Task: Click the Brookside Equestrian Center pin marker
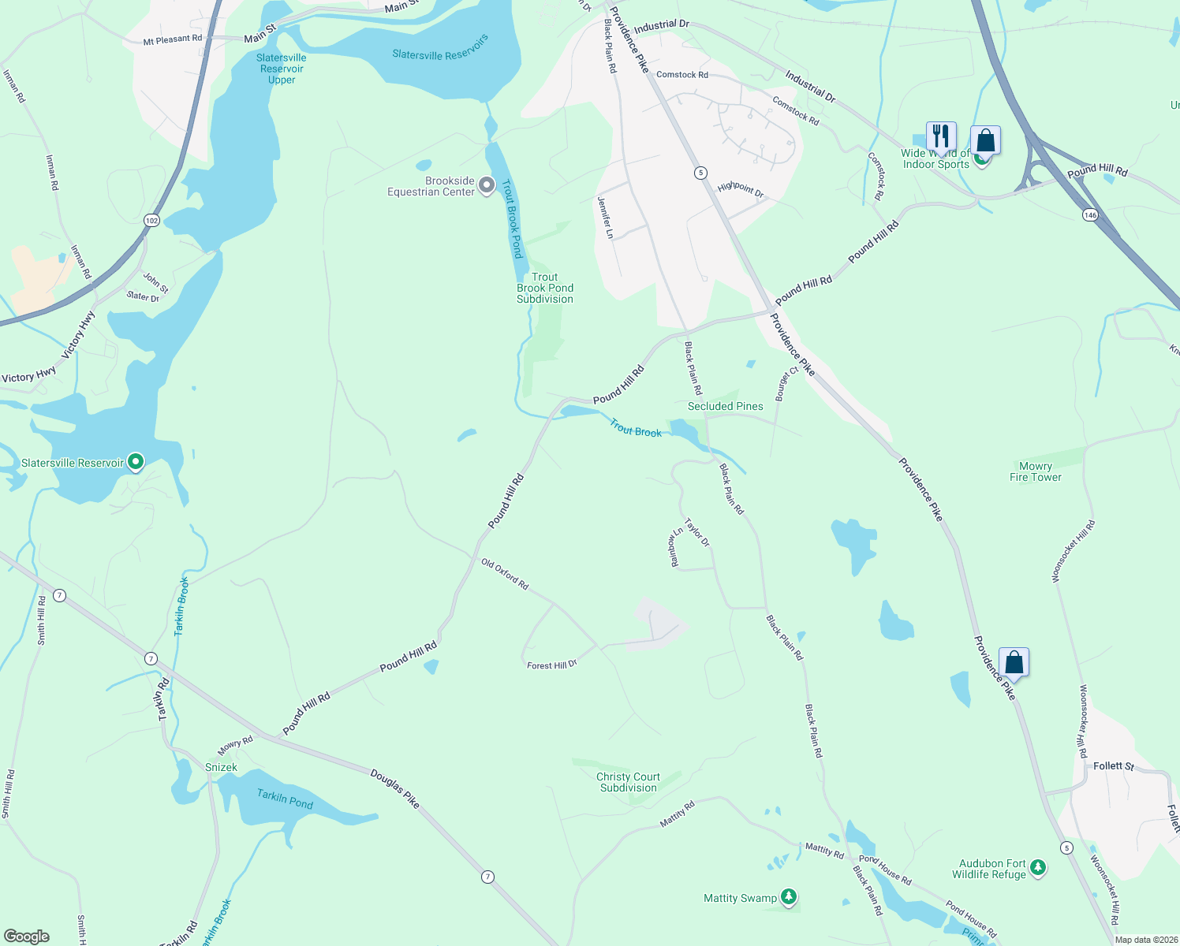(x=487, y=186)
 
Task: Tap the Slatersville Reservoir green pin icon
(x=136, y=462)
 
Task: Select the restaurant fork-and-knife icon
(x=940, y=136)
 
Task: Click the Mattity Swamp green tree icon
(x=788, y=897)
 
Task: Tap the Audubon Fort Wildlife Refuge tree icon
(x=1038, y=868)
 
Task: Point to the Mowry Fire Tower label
(x=1035, y=471)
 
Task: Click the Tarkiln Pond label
(x=285, y=799)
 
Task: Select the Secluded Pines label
(x=725, y=406)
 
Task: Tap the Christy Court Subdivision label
(x=628, y=782)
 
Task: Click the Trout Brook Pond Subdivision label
(x=545, y=288)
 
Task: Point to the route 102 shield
(x=152, y=221)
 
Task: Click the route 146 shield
(x=1090, y=214)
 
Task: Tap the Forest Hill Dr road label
(x=552, y=665)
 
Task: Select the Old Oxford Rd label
(x=505, y=575)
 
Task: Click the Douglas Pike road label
(x=394, y=788)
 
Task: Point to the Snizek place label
(x=221, y=767)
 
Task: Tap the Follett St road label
(x=1114, y=765)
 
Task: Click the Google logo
(x=27, y=937)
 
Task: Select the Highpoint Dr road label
(x=741, y=189)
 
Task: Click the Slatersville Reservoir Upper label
(x=282, y=69)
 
